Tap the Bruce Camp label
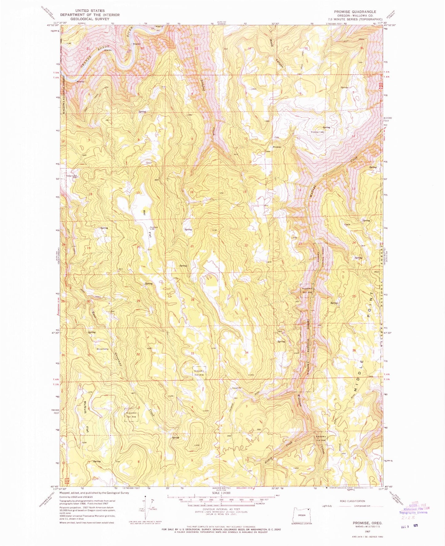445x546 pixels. pos(103,349)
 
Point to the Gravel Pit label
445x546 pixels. pos(238,388)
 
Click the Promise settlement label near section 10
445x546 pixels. pos(277,147)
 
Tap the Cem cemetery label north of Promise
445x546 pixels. pos(277,138)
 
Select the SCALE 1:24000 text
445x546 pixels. pos(221,493)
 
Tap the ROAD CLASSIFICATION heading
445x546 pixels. pos(352,501)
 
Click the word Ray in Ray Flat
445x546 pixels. pos(144,212)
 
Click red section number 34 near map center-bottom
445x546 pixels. pos(247,352)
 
